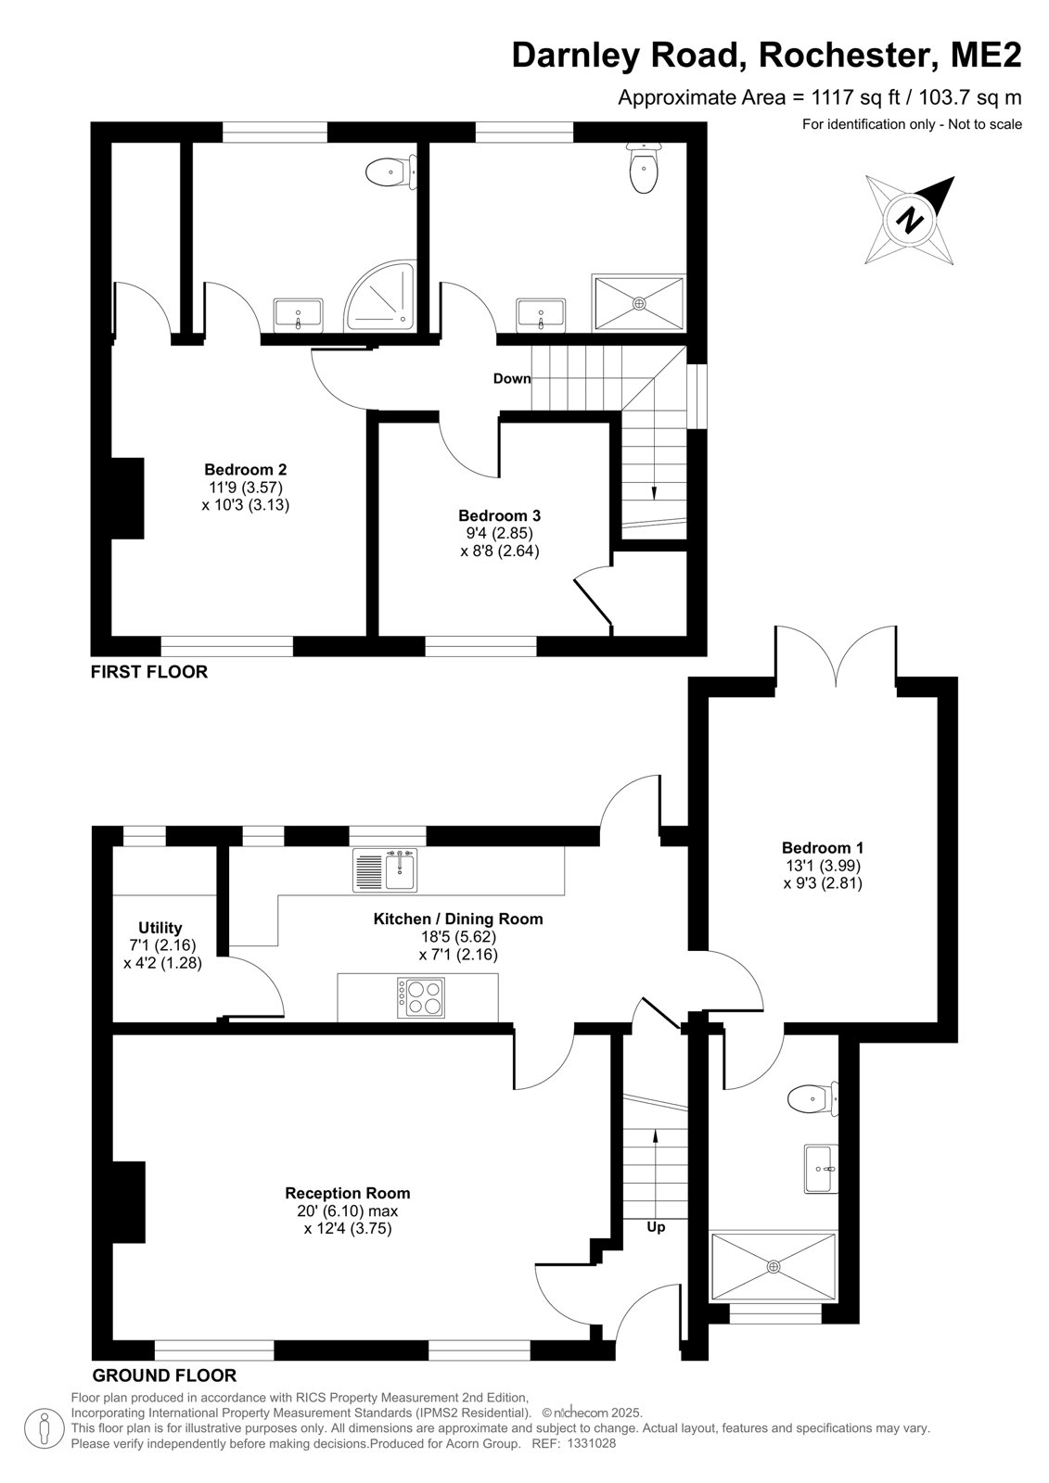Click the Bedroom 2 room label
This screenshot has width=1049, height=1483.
(245, 469)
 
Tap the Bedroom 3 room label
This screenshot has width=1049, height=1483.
(499, 515)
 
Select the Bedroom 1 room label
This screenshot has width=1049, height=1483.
(823, 847)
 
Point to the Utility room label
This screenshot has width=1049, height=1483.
(160, 928)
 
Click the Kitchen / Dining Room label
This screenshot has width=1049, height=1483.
(458, 919)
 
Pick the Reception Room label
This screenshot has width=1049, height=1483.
(347, 1193)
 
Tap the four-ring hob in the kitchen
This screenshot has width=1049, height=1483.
(421, 997)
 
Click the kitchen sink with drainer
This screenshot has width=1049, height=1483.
(385, 870)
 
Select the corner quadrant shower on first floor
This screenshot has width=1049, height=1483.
(380, 296)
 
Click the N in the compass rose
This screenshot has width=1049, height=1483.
(909, 220)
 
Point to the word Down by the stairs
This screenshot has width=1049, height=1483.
(512, 379)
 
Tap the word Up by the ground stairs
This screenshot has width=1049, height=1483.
(656, 1227)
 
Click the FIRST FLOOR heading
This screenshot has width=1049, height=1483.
(149, 672)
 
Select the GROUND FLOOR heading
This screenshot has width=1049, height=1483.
(164, 1375)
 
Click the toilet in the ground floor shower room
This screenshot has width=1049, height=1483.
(812, 1099)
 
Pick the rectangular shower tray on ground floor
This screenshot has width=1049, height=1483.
(774, 1266)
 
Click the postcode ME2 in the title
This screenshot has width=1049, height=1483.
(986, 55)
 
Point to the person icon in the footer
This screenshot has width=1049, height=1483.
(45, 1429)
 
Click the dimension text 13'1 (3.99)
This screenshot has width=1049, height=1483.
(823, 866)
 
